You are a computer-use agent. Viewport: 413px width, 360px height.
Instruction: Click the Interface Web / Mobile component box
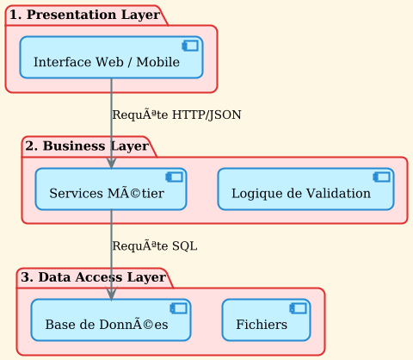click(x=111, y=58)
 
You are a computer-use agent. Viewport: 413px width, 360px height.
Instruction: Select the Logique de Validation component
click(x=305, y=189)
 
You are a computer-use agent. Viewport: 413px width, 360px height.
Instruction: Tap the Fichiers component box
click(x=266, y=320)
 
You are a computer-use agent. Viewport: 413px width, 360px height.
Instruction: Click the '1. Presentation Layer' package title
click(x=83, y=15)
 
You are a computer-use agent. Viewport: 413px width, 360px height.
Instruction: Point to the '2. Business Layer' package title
click(x=86, y=146)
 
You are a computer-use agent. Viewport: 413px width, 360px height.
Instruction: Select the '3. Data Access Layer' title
click(x=92, y=276)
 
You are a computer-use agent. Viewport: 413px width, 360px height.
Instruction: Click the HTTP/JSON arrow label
click(x=176, y=115)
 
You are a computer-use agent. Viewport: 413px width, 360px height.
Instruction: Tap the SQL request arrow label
click(x=154, y=245)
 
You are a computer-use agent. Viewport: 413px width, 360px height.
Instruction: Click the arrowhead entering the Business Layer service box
click(x=111, y=162)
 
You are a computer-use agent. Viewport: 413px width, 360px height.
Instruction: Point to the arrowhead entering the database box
click(x=111, y=293)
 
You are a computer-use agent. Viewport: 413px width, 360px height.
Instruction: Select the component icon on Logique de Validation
click(x=382, y=177)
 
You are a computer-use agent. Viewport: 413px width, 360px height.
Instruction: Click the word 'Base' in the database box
click(x=59, y=325)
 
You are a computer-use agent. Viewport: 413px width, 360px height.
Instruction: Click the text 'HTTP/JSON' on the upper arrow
click(x=206, y=115)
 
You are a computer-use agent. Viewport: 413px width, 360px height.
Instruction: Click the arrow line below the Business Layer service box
click(x=111, y=250)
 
